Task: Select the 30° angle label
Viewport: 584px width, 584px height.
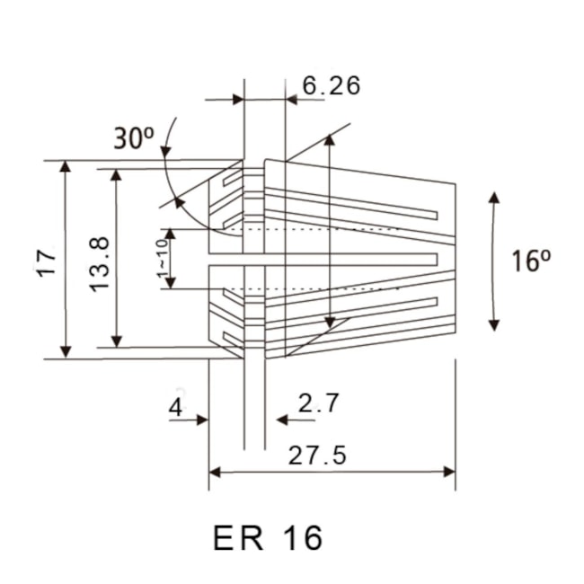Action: coord(134,138)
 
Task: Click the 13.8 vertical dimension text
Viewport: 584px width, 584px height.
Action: coord(100,261)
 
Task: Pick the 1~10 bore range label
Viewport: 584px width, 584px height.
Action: coord(162,259)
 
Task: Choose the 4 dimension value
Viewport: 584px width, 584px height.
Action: coord(175,407)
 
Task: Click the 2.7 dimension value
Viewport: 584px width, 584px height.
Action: coord(319,403)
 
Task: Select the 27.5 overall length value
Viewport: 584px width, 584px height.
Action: coord(317,456)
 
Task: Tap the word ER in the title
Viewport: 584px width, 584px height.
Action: coord(239,538)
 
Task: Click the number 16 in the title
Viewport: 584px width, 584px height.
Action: coord(301,538)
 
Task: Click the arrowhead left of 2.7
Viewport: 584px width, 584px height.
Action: coord(281,420)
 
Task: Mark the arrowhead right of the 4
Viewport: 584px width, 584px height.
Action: coord(203,420)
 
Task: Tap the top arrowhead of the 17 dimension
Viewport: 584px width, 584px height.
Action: coord(65,167)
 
